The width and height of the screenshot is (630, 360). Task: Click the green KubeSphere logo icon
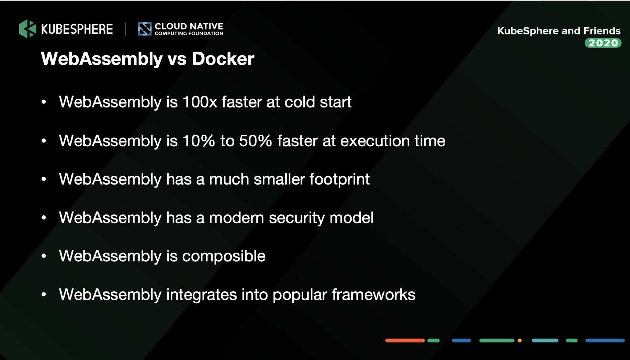tap(27, 29)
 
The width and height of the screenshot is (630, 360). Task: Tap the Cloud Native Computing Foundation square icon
tap(145, 29)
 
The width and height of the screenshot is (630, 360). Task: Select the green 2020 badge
tap(603, 43)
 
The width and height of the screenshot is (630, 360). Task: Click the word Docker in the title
tap(223, 59)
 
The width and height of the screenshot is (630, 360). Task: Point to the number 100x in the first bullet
tap(200, 102)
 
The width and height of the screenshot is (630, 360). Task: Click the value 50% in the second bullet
tap(255, 141)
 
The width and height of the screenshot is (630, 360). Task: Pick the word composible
tap(224, 256)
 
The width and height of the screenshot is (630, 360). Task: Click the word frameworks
tap(373, 295)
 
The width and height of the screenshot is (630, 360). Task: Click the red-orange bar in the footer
tap(405, 340)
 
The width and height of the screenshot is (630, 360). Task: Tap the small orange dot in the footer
tap(519, 340)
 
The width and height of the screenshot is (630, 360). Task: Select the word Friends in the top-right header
tap(602, 31)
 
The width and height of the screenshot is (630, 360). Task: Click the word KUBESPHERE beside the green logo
tap(77, 29)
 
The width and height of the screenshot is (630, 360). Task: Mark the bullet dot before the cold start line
tap(44, 102)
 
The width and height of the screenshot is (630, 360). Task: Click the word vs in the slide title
tap(177, 60)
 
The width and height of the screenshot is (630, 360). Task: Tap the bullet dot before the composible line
tap(44, 256)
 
